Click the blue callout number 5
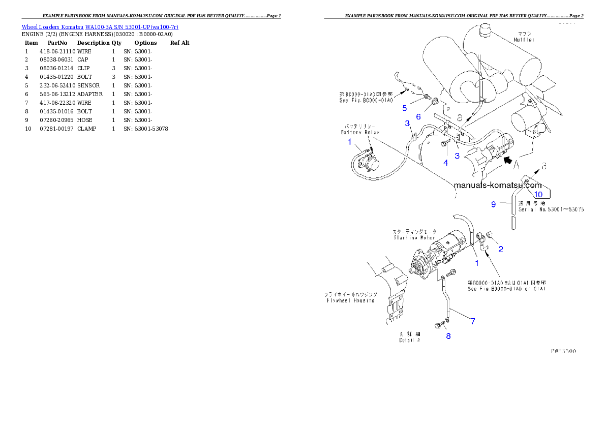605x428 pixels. (x=405, y=108)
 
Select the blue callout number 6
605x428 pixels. (x=418, y=116)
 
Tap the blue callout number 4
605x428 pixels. (x=445, y=163)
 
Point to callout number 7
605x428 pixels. (x=472, y=321)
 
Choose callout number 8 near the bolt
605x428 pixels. (x=448, y=336)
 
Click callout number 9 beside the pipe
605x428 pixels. (x=493, y=204)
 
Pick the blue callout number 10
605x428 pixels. (x=538, y=194)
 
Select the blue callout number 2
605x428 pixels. (x=501, y=249)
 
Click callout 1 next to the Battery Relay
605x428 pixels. (x=350, y=142)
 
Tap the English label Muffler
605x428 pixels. (x=524, y=40)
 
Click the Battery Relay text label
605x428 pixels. (x=359, y=132)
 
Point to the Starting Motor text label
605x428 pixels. (x=415, y=237)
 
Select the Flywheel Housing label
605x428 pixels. (x=349, y=300)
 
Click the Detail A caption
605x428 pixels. (x=409, y=341)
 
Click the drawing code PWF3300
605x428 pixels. (x=563, y=351)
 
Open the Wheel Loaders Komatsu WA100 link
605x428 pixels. (x=100, y=26)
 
